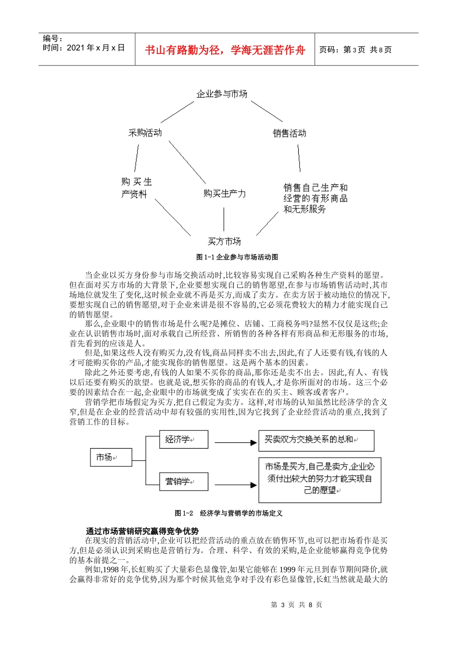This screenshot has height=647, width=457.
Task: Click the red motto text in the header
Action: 225,50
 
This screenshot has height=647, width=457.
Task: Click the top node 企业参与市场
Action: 222,94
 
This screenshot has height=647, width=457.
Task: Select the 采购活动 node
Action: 145,133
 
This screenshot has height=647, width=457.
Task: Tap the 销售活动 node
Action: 289,133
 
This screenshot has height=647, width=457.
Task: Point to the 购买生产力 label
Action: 224,194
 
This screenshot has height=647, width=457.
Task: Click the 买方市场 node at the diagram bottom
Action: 224,241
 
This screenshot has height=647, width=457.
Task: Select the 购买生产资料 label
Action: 136,188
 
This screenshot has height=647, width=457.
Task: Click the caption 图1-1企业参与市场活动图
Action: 237,257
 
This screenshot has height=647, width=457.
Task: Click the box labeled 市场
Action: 111,457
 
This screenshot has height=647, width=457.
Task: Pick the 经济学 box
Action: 183,440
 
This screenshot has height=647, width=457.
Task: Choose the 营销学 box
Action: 183,481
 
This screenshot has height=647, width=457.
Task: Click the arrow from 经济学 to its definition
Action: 235,442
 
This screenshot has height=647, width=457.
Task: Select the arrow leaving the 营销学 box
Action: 235,485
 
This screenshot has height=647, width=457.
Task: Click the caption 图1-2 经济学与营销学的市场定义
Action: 228,513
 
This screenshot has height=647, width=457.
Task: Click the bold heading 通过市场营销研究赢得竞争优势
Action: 142,531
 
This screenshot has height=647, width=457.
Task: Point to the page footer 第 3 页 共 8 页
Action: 296,605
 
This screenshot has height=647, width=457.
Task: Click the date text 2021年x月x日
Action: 95,48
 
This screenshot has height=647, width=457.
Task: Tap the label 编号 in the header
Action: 52,39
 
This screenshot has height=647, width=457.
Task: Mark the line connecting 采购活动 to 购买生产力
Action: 187,162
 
